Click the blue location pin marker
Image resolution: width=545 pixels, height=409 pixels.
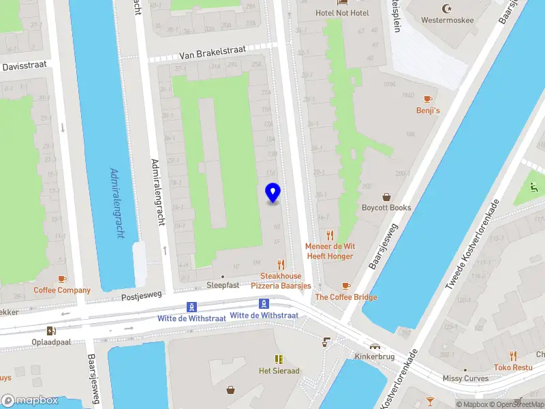[x=272, y=193]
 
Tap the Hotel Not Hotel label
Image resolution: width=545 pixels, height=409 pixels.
[x=341, y=13]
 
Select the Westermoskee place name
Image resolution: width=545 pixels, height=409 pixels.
[x=448, y=20]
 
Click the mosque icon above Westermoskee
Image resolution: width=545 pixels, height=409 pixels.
[x=448, y=8]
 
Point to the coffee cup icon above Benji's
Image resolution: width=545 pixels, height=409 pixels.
[x=428, y=99]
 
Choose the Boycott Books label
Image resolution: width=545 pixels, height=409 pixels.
[x=386, y=208]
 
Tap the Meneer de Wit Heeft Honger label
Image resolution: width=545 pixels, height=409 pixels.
[x=330, y=251]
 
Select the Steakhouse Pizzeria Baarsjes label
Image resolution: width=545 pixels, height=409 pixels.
[x=281, y=280]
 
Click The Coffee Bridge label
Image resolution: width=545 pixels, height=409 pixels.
[x=345, y=297]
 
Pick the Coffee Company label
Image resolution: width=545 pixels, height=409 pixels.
[x=62, y=290]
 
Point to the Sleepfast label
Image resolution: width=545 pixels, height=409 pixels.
[x=223, y=285]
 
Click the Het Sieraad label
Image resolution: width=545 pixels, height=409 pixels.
[x=279, y=371]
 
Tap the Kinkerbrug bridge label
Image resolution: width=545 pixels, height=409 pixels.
[x=375, y=357]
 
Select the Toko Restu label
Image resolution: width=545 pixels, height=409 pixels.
[x=514, y=367]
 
